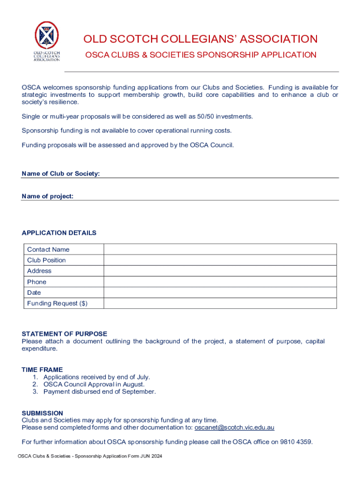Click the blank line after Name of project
click(206, 196)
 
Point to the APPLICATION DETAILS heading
click(59, 233)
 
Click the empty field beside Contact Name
click(220, 249)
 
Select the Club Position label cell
click(47, 260)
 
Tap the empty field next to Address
click(220, 271)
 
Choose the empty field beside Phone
click(220, 282)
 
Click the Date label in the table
click(34, 293)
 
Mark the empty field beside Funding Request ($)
click(220, 304)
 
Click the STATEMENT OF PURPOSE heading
click(65, 334)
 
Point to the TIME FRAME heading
click(42, 370)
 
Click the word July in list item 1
click(142, 377)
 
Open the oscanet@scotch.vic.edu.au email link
click(234, 428)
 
